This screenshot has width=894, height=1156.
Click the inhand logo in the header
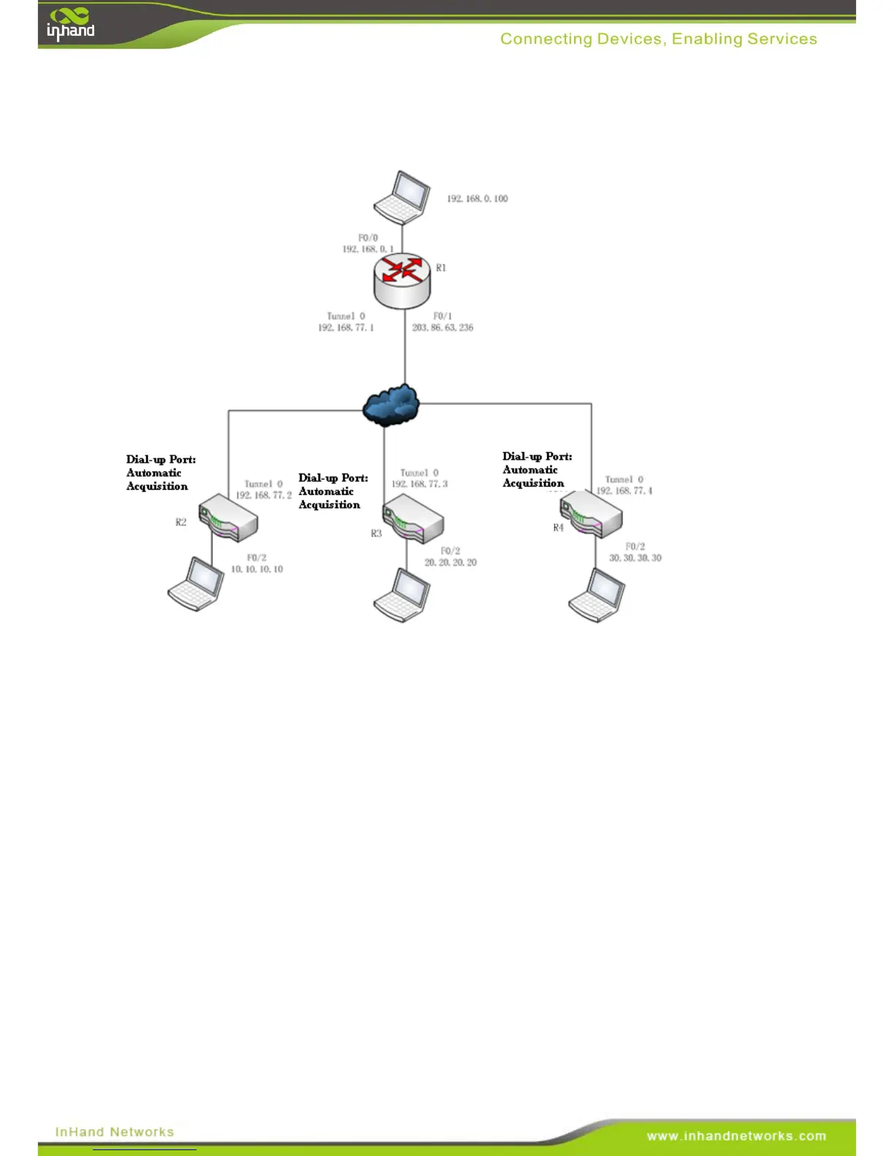point(71,24)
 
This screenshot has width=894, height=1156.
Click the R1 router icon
point(402,280)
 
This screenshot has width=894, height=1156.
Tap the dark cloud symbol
point(391,405)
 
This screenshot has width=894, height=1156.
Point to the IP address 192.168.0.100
point(478,199)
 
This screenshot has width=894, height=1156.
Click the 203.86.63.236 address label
point(443,328)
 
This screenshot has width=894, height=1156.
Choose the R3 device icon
point(413,519)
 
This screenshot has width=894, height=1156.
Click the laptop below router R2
point(196,584)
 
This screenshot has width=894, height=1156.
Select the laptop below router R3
point(402,596)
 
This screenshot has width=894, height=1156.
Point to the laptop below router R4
point(597,596)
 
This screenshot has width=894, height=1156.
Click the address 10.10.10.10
point(257,569)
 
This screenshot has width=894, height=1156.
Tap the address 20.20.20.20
point(451,563)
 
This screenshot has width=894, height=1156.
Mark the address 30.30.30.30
point(635,558)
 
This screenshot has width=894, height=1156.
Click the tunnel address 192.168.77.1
point(345,328)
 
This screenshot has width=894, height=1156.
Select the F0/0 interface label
point(368,238)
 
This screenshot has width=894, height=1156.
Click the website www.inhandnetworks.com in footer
point(736,1136)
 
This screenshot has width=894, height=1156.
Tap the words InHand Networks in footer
point(115,1132)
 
